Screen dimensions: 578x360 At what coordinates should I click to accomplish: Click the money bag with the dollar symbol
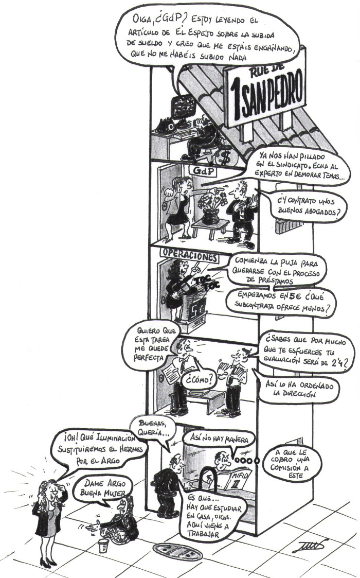pyautogui.click(x=225, y=155)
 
